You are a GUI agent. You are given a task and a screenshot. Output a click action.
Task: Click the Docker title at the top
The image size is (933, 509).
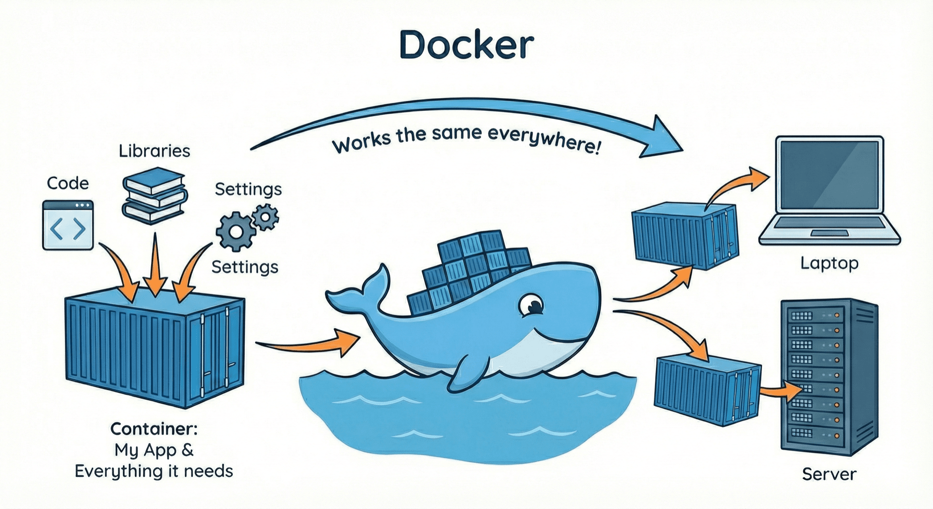[x=466, y=45]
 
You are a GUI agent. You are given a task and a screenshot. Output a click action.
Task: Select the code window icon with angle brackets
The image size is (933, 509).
[x=68, y=226]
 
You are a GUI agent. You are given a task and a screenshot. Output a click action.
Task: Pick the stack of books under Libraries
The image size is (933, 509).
[x=154, y=195]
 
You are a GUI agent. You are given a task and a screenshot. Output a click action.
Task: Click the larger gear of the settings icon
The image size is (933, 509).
[x=236, y=231]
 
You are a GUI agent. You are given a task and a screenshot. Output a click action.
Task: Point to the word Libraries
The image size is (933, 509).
[x=154, y=151]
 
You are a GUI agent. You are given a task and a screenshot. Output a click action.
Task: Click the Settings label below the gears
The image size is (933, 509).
[x=245, y=267]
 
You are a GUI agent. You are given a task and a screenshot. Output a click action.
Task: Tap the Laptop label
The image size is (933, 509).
[x=829, y=263]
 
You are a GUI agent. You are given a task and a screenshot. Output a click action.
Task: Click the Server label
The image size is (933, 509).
[x=829, y=474]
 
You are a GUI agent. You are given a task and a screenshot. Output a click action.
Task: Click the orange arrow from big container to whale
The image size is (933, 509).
[x=311, y=343]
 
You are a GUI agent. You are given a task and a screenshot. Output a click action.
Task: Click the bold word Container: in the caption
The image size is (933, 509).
[x=154, y=429]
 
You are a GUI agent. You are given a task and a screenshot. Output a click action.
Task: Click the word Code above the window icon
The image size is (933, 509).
[x=68, y=183]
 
